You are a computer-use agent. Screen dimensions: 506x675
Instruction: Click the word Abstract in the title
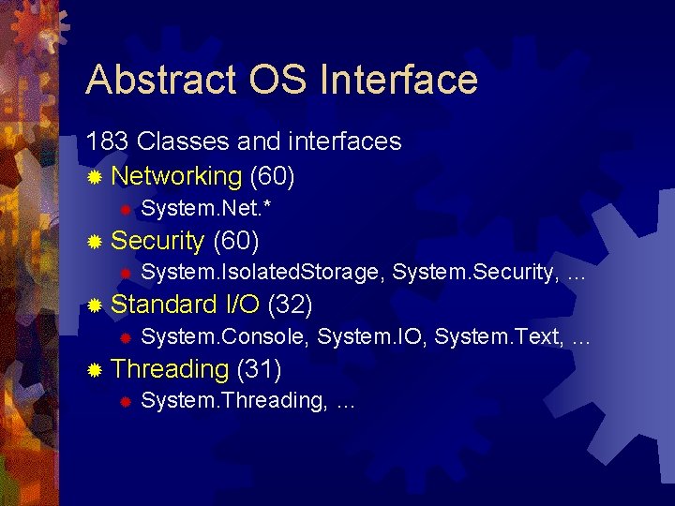coord(161,80)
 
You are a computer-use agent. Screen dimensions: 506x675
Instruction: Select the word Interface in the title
coord(398,80)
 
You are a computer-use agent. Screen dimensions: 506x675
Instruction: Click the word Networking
coord(176,175)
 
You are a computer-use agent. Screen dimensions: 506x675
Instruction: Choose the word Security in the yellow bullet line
coord(157,241)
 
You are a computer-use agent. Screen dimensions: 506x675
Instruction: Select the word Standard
coord(164,304)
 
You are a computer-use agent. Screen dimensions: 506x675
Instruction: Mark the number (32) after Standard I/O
coord(290,304)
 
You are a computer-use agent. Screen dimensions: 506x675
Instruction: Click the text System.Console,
coord(226,336)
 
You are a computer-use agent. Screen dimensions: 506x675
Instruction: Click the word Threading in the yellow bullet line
coord(170,369)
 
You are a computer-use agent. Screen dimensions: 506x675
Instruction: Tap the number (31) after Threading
coord(261,369)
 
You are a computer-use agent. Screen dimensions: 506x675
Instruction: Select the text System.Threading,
coord(233,401)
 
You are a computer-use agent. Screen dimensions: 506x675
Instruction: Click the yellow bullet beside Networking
coord(94,177)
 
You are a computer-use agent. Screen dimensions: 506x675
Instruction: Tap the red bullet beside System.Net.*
coord(123,208)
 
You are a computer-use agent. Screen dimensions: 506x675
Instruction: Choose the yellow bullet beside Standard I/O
coord(94,305)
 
